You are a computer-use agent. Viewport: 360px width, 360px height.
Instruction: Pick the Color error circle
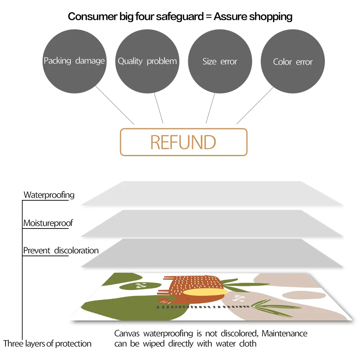(293, 61)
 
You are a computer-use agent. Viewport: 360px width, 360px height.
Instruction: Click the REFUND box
(184, 142)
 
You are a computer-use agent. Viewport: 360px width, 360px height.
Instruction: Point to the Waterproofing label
(49, 195)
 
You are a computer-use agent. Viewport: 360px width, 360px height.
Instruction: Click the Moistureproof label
(48, 223)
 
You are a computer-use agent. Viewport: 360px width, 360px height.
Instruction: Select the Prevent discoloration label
(61, 250)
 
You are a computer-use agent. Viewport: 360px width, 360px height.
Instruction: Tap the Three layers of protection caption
(47, 344)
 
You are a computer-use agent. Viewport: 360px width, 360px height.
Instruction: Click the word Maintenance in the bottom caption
(284, 334)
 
